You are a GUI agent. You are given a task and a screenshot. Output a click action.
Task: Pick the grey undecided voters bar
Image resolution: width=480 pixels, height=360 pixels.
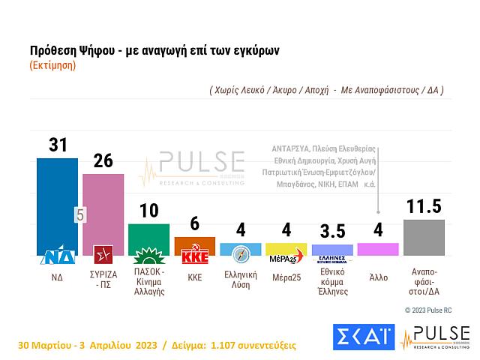(424, 237)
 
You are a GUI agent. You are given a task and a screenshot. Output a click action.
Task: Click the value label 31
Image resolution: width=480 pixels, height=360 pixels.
(58, 143)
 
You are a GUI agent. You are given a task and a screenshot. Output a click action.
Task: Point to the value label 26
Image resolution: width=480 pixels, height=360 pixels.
(103, 160)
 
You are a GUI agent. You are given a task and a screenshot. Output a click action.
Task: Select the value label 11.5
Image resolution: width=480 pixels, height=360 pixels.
(424, 206)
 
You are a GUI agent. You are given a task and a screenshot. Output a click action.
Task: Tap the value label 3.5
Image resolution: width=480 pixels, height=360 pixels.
(331, 230)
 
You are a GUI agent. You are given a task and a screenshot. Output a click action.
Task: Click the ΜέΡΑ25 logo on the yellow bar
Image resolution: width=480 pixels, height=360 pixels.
(286, 256)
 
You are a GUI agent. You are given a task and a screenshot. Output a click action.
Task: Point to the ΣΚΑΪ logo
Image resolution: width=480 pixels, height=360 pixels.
(363, 336)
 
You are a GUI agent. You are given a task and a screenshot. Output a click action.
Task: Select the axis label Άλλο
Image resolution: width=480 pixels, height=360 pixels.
(378, 277)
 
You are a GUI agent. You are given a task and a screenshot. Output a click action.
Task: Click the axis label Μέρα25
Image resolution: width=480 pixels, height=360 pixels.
(286, 275)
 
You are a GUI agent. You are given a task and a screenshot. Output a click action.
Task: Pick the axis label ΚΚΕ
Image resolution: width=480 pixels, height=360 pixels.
(194, 276)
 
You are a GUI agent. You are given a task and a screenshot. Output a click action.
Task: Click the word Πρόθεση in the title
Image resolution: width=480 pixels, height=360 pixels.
(53, 50)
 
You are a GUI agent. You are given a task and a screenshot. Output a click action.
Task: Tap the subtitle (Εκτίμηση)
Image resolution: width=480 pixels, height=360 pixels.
(52, 65)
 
